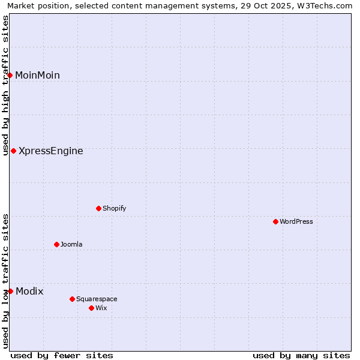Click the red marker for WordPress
coord(275,221)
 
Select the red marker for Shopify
coord(98,208)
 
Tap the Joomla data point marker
coord(56,244)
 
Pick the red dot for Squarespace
coord(72,299)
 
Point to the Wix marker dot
coord(91,308)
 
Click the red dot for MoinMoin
coord(10,75)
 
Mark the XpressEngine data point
coord(13,151)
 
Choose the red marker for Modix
coord(10,291)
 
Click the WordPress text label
coord(296,221)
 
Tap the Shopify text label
coord(115,208)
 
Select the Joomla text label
coord(71,244)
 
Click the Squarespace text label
coord(97,299)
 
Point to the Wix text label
coord(101,308)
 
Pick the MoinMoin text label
coord(37,75)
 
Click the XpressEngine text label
coord(51,151)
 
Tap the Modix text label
coord(29,291)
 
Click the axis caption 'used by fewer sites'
coord(62,355)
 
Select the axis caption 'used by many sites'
coord(301,355)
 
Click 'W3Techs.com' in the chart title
coord(328,6)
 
